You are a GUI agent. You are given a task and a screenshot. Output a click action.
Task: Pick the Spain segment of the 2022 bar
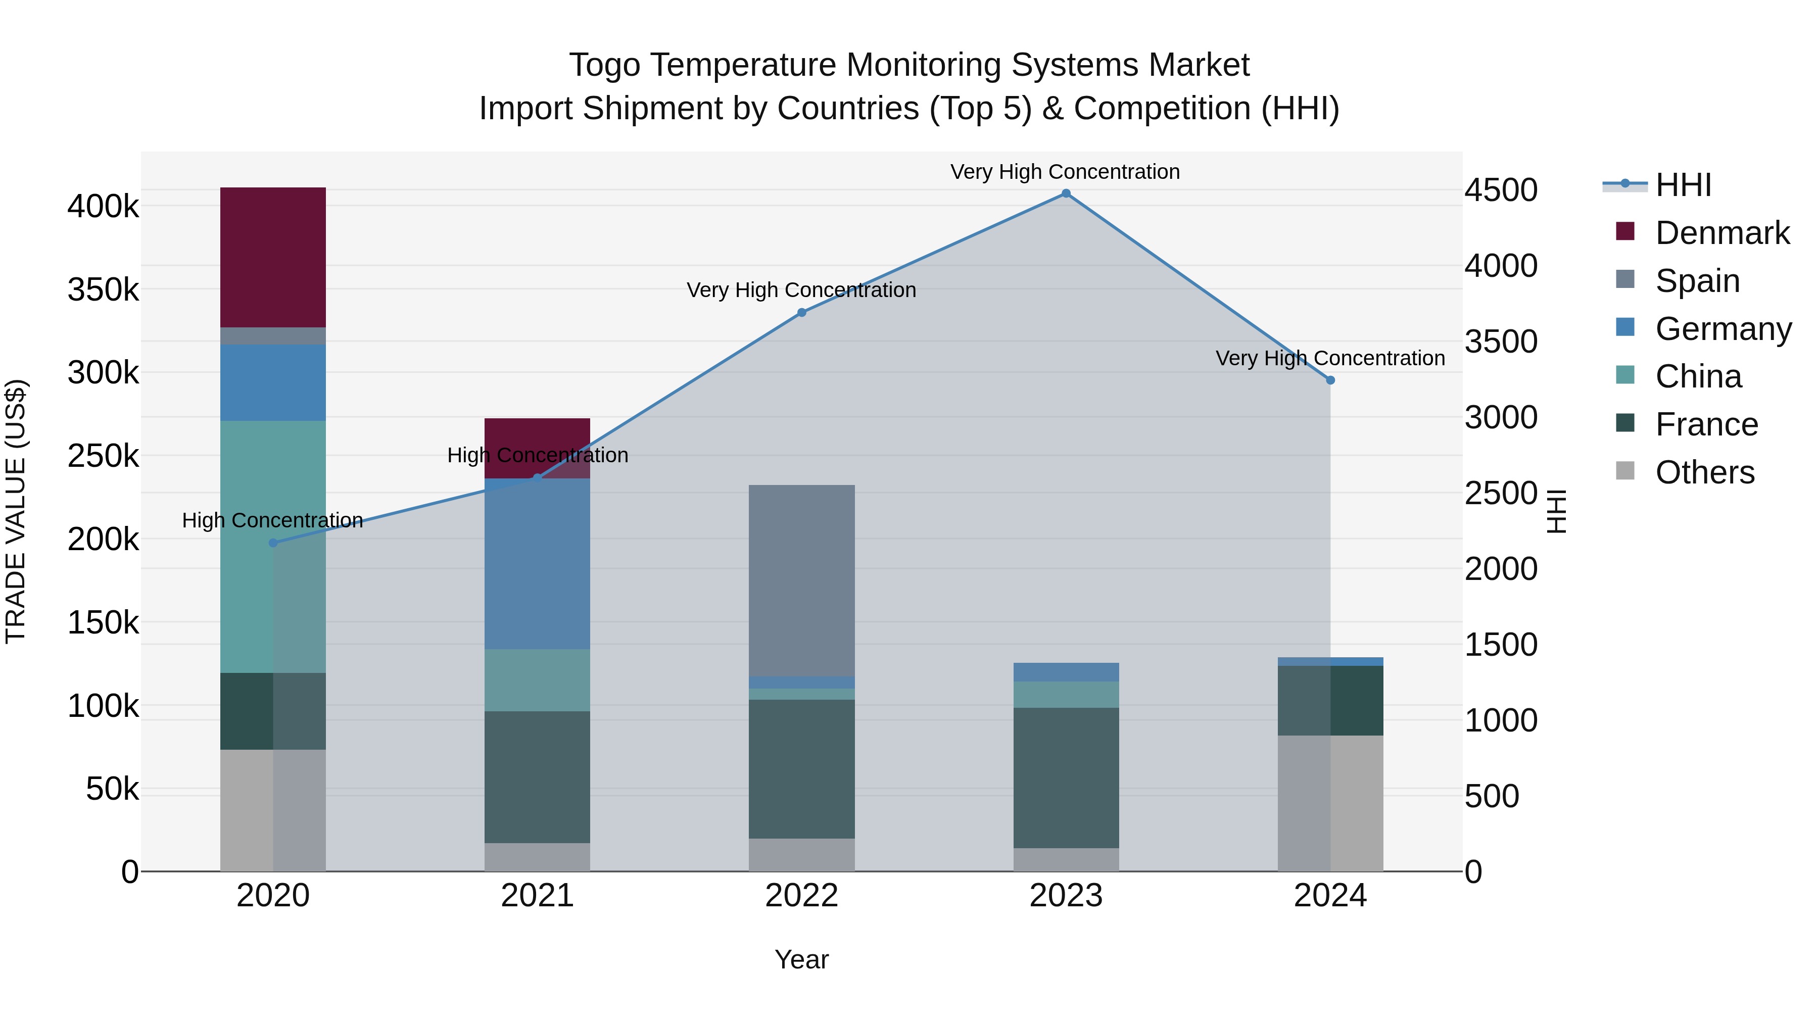click(x=801, y=580)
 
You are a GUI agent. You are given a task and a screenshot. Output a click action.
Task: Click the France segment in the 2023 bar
click(x=1066, y=777)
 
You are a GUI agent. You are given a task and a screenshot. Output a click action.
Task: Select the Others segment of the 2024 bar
click(x=1330, y=803)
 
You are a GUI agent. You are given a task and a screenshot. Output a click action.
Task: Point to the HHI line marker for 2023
click(x=1066, y=193)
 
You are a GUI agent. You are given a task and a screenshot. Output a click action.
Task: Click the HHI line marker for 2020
click(x=273, y=543)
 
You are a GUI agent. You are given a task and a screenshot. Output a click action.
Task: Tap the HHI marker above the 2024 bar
click(x=1330, y=380)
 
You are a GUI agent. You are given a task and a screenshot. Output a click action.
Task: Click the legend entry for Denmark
click(x=1721, y=233)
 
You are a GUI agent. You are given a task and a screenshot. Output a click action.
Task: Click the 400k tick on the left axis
click(x=103, y=207)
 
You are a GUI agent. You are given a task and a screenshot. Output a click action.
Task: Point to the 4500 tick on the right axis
click(x=1501, y=190)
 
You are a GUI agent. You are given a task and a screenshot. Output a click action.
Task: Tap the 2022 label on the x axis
click(x=801, y=896)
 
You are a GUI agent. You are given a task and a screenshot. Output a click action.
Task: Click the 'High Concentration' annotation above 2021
click(x=538, y=455)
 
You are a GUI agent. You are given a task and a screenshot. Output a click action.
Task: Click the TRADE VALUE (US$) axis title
click(x=16, y=511)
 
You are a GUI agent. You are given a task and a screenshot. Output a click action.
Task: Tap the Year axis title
click(x=801, y=959)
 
